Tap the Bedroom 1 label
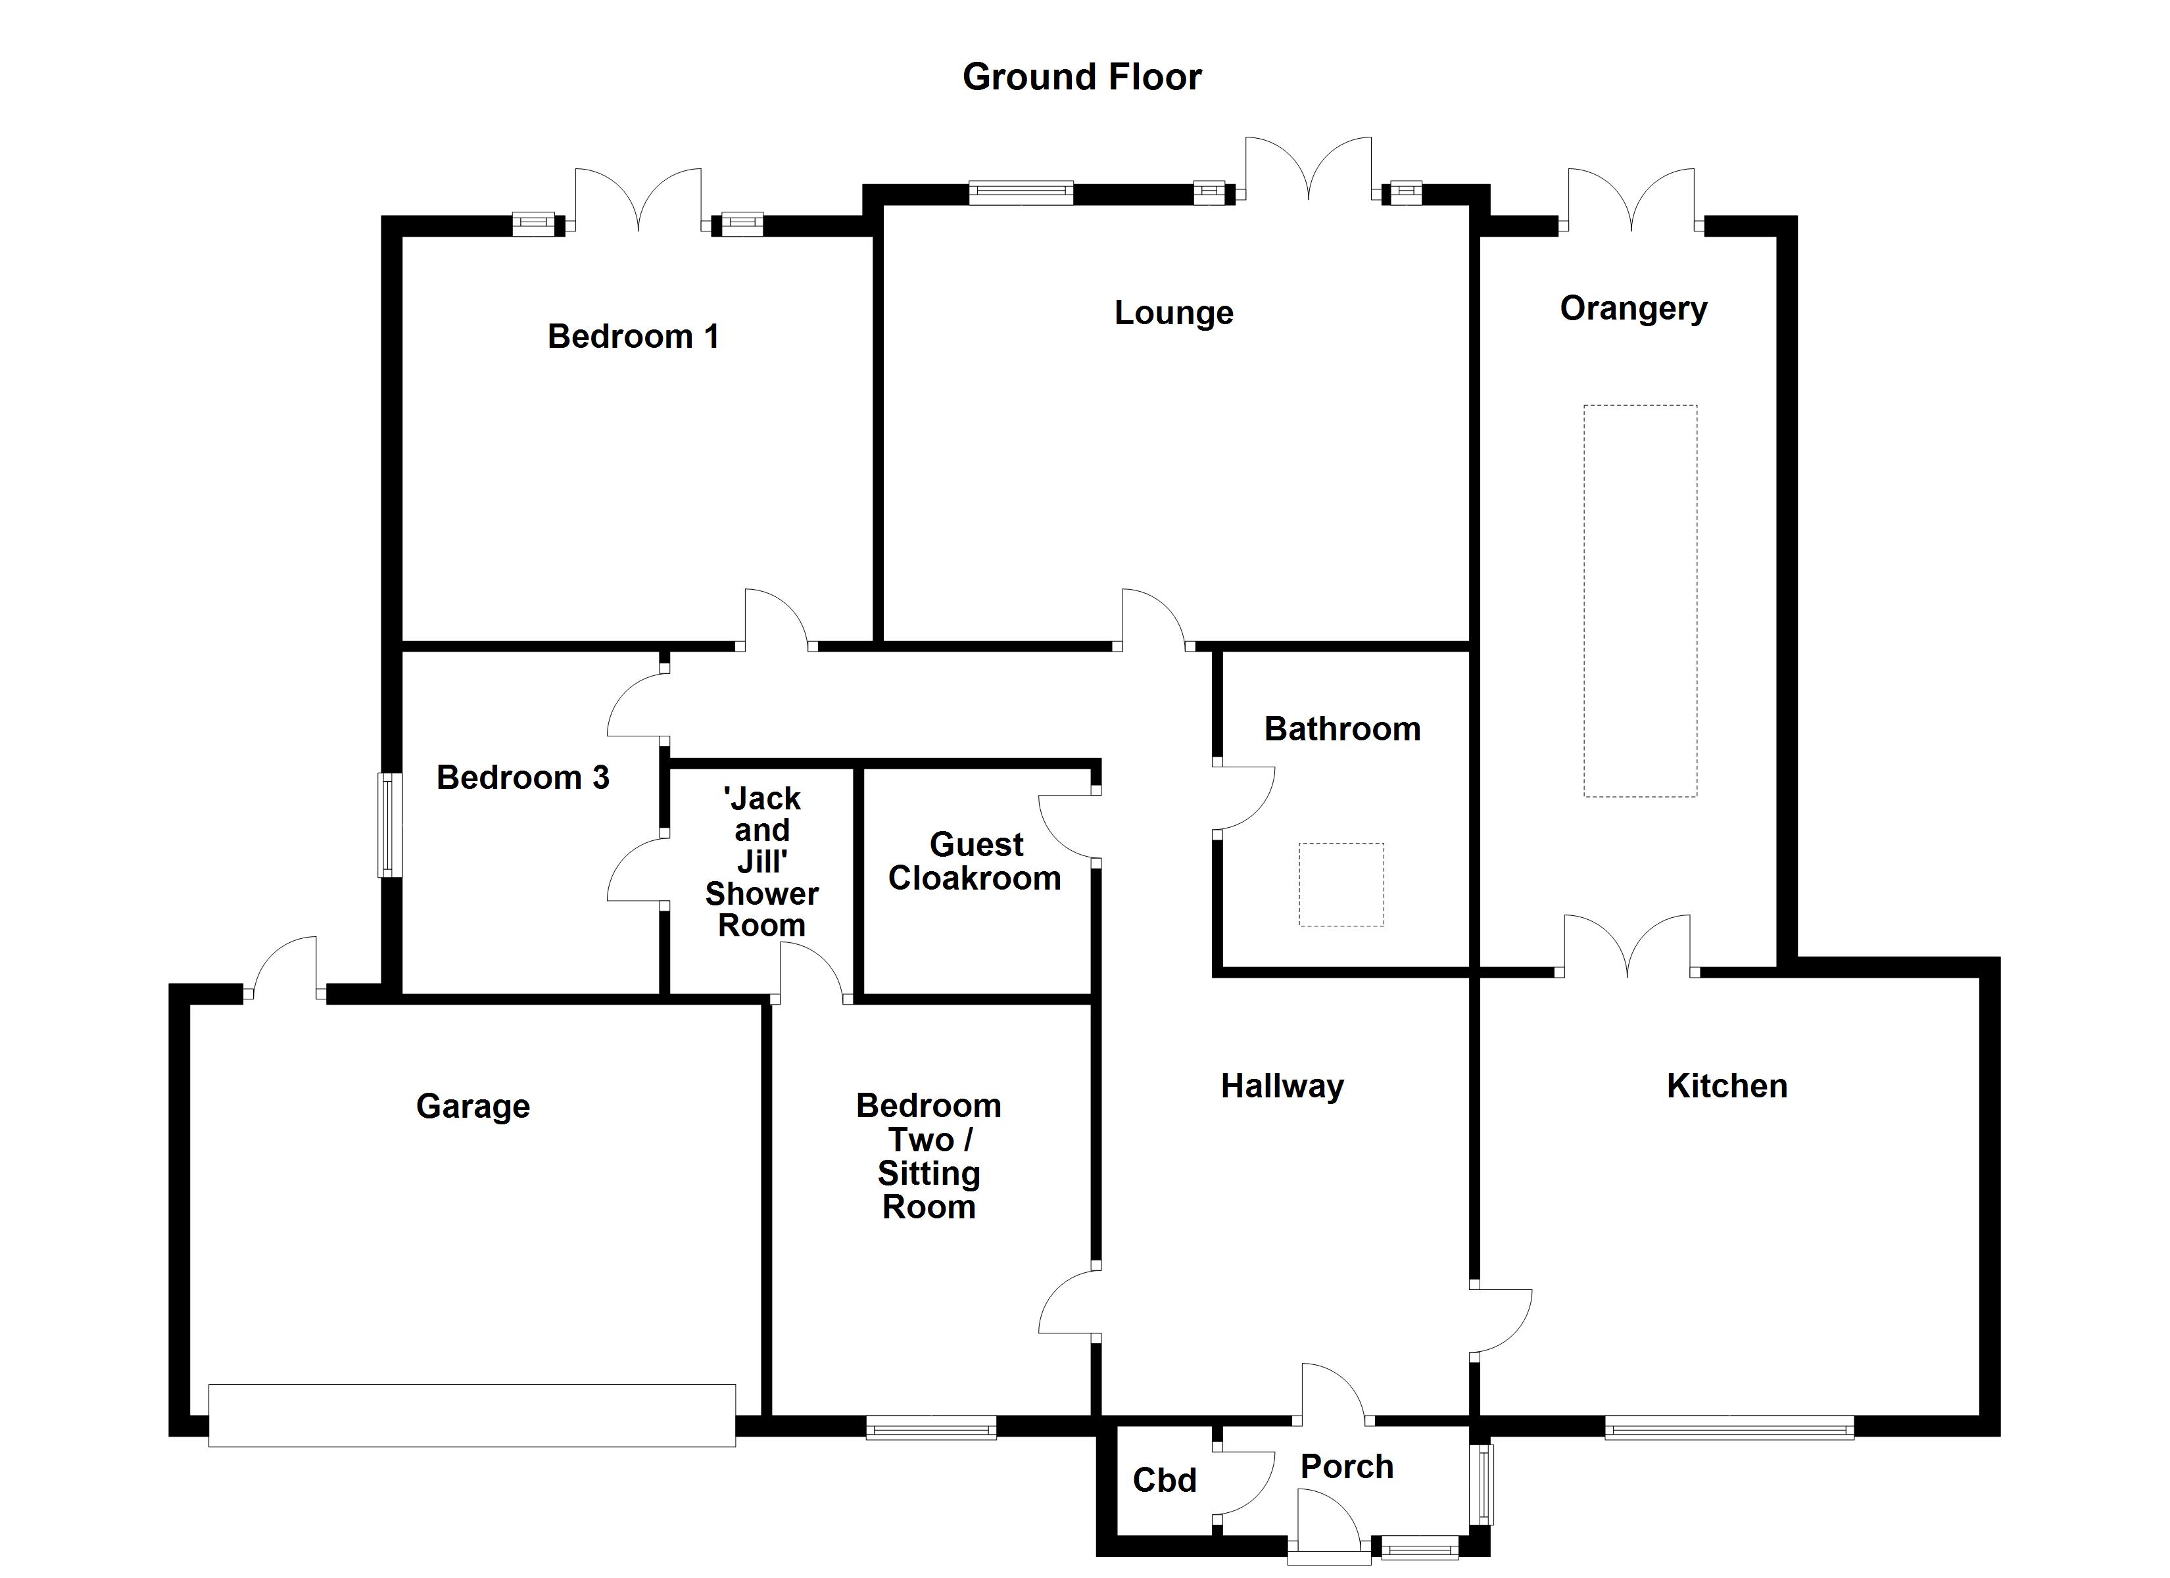(633, 336)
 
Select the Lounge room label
(1173, 313)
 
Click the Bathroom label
(1341, 729)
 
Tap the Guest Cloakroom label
(975, 861)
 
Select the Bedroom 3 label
(522, 777)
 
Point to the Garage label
(473, 1106)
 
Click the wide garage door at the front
(471, 1414)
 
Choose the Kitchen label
(1726, 1086)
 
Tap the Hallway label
(1282, 1086)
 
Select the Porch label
(1346, 1467)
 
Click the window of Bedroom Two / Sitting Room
(931, 1427)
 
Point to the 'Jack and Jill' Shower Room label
(761, 861)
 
